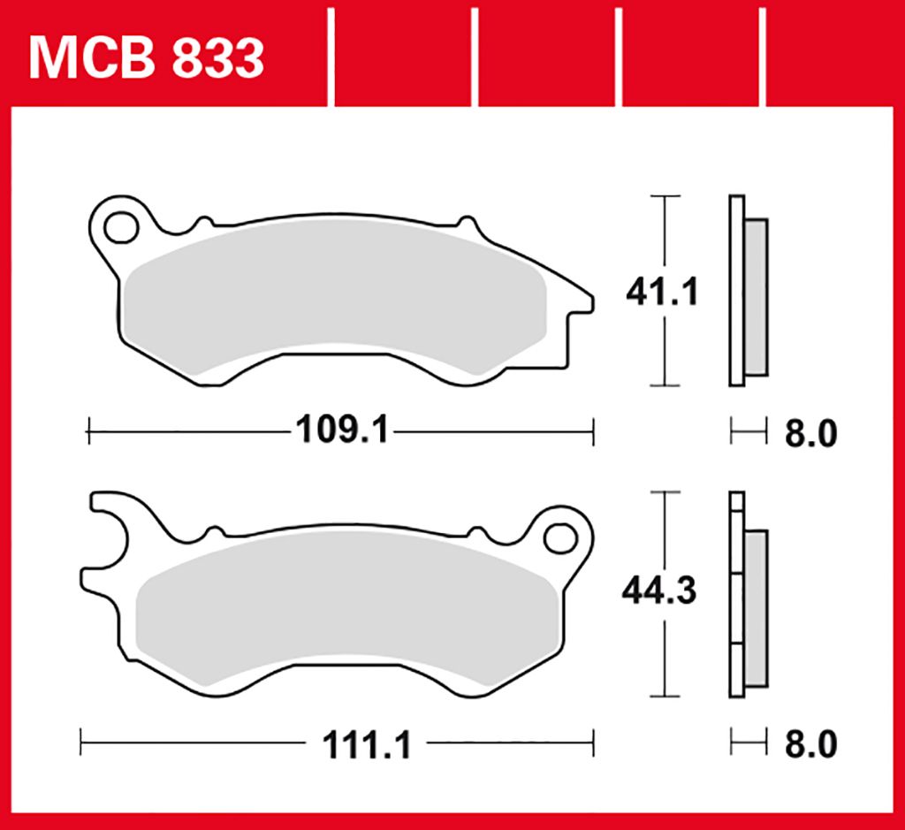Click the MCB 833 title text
click(x=146, y=59)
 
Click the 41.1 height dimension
click(x=662, y=292)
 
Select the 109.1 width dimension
click(x=343, y=430)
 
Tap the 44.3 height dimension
click(x=659, y=590)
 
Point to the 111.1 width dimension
click(x=367, y=744)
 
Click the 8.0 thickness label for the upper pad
click(x=810, y=433)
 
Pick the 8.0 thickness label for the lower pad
click(x=810, y=744)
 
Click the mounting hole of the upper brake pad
click(x=121, y=227)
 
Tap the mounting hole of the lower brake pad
click(x=560, y=538)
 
